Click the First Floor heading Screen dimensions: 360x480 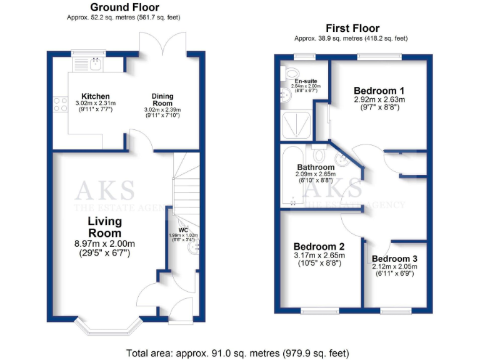point(352,28)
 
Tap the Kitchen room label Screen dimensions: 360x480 point(95,96)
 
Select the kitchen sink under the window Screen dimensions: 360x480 point(95,62)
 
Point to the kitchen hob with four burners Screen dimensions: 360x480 point(61,104)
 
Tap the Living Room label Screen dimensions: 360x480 point(104,227)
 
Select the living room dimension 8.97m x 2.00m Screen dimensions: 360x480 point(104,244)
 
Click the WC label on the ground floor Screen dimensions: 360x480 point(183,230)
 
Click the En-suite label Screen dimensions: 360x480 point(304,81)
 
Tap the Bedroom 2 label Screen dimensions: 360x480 point(319,246)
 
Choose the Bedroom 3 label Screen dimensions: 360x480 point(396,259)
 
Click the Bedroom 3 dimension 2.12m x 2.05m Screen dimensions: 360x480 point(396,267)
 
